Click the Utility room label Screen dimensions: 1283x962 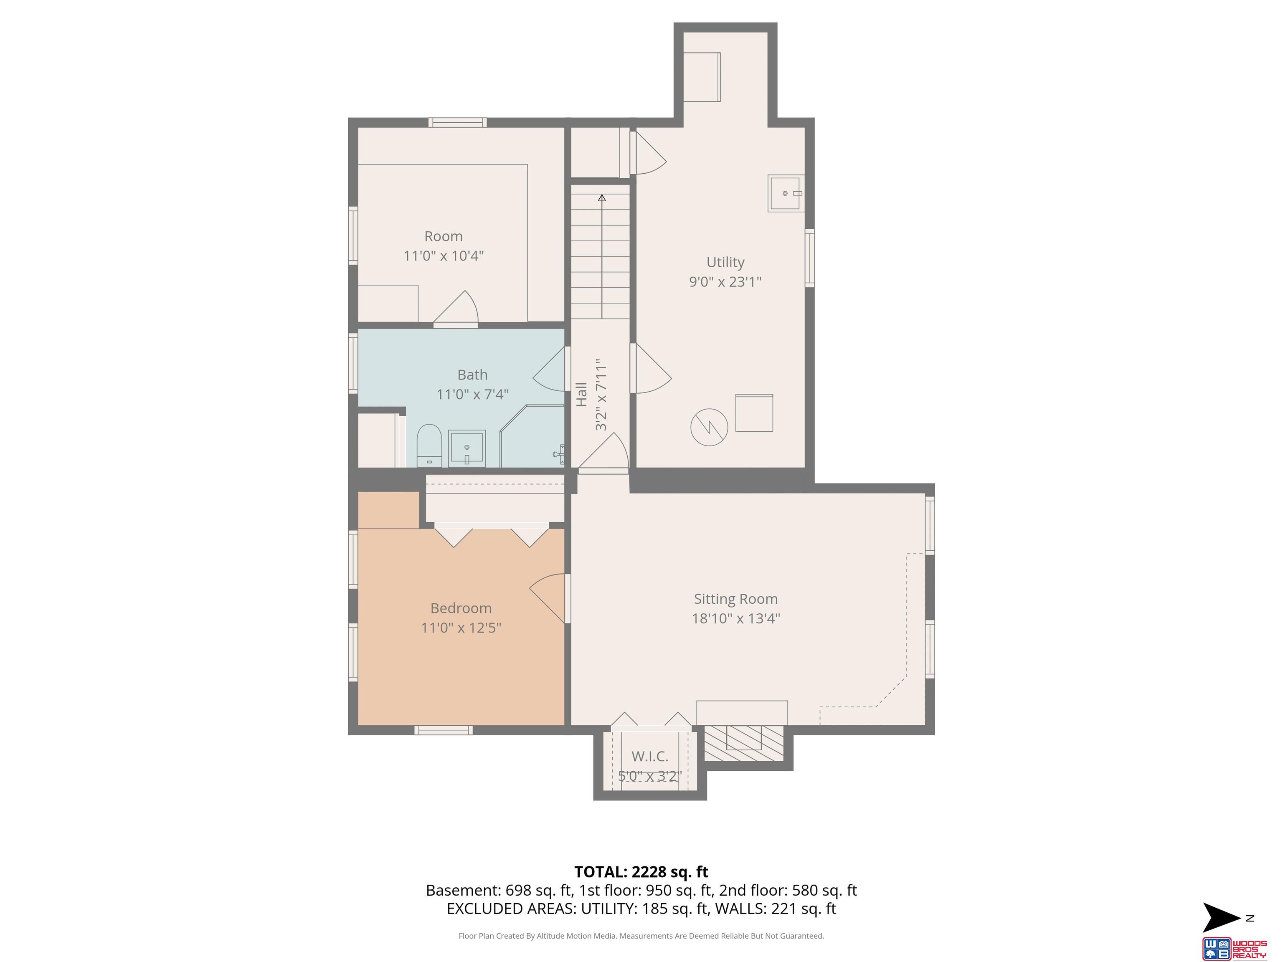coord(725,263)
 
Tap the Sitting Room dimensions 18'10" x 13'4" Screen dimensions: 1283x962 coord(735,618)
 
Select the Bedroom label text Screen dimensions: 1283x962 coord(461,608)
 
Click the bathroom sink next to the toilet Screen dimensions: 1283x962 coord(467,448)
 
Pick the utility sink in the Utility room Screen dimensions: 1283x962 coord(786,193)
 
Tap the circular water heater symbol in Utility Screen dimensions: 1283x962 coord(709,428)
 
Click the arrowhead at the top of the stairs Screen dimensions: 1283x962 coord(602,198)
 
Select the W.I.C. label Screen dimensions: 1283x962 coord(649,756)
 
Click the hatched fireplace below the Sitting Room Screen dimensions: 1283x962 coord(743,743)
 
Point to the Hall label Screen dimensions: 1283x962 coord(581,394)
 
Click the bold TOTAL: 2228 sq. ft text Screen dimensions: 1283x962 coord(641,872)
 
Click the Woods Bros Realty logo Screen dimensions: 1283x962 coord(1233,949)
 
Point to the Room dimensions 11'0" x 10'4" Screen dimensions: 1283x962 coord(444,256)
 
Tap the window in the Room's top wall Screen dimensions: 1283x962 coord(458,122)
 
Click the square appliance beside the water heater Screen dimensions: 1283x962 coord(754,413)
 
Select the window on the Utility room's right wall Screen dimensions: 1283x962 coord(810,258)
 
